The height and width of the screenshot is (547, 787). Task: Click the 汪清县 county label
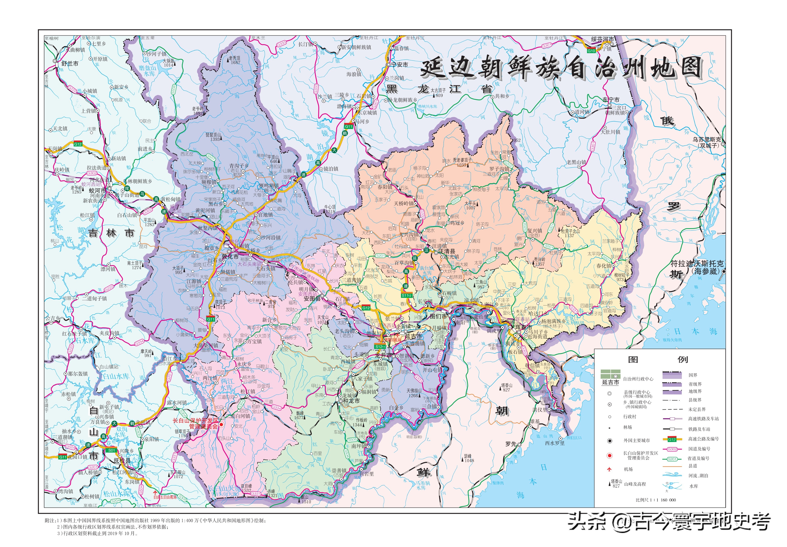[447, 251]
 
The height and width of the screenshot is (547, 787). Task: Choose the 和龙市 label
[351, 401]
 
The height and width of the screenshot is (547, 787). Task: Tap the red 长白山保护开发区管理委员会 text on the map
[195, 423]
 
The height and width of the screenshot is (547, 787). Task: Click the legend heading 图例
[657, 360]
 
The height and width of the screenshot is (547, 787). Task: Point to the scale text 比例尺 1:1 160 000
[656, 500]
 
